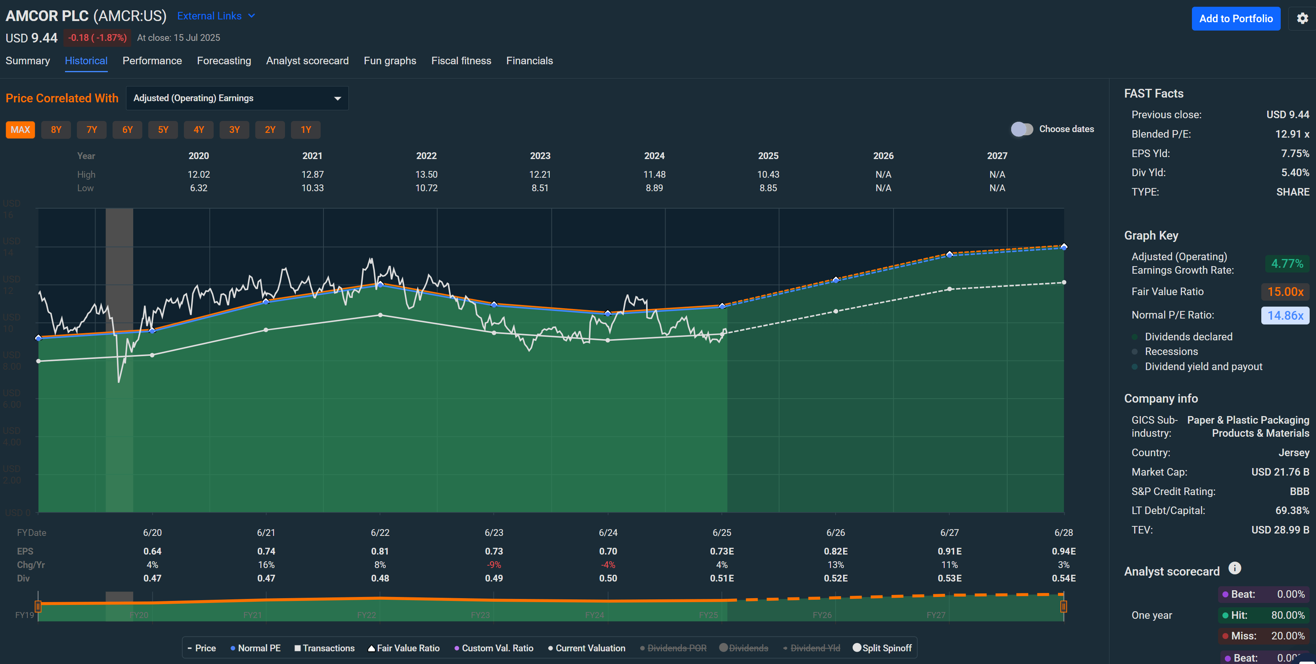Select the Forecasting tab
pos(224,61)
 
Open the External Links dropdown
pos(216,16)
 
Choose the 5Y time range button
pos(163,130)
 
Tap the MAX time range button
pos(21,130)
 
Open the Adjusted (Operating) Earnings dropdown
pos(237,98)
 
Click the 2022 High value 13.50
pos(426,174)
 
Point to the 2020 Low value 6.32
pos(199,188)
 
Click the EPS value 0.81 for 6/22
pos(380,551)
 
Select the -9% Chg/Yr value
pos(493,565)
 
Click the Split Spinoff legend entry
pos(882,648)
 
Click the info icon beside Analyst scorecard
pos(1234,568)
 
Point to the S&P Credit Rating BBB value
pos(1299,491)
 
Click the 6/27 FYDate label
pos(949,533)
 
